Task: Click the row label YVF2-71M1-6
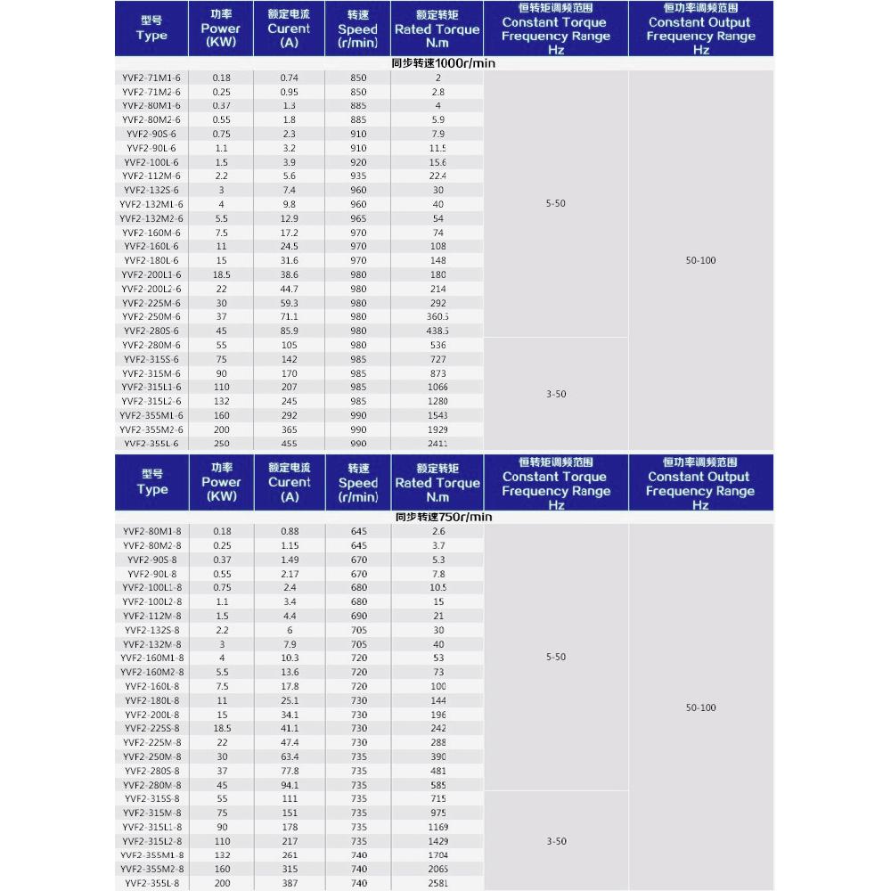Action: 151,78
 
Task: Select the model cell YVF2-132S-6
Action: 151,190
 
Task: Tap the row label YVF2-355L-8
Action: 151,883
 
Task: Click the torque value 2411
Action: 437,443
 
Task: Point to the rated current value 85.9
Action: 289,331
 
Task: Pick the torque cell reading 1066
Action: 437,387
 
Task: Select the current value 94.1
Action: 289,785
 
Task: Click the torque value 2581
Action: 437,883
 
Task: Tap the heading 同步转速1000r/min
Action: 443,63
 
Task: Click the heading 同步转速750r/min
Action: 443,517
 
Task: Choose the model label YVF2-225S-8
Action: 151,728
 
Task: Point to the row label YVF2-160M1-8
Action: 151,658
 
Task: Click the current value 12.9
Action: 289,218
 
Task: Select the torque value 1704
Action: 437,854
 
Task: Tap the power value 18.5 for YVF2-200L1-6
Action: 221,274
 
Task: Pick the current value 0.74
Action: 289,78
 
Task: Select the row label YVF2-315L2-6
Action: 151,401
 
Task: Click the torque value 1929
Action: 437,429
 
